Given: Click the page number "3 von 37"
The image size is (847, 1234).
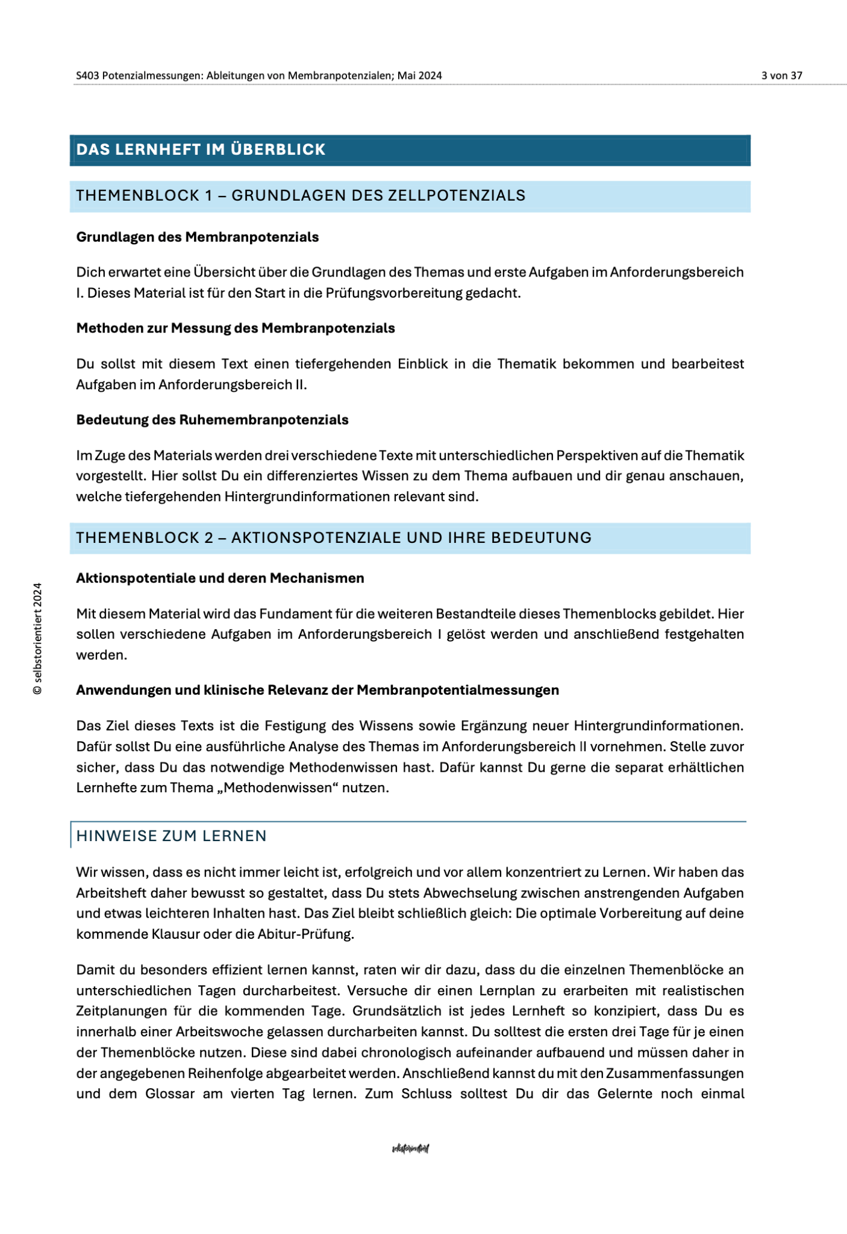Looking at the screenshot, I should [781, 76].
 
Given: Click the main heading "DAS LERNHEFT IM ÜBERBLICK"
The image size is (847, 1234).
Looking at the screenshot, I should [201, 149].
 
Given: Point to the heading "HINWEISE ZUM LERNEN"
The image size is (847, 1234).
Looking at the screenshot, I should [171, 836].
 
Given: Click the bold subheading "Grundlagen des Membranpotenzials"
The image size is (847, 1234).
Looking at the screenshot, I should [197, 237].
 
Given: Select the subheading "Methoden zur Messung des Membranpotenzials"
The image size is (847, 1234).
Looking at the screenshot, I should [235, 328].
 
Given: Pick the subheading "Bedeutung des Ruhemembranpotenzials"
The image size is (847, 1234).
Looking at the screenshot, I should [212, 420].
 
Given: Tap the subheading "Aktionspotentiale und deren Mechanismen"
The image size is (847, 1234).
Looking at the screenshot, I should [220, 578].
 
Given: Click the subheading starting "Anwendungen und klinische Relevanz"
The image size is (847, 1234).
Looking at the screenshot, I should [317, 690].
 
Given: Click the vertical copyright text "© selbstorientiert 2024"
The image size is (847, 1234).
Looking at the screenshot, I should [38, 639].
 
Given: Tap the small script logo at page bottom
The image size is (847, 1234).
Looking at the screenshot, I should [410, 1148].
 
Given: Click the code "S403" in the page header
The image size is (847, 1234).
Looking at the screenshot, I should [87, 76].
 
